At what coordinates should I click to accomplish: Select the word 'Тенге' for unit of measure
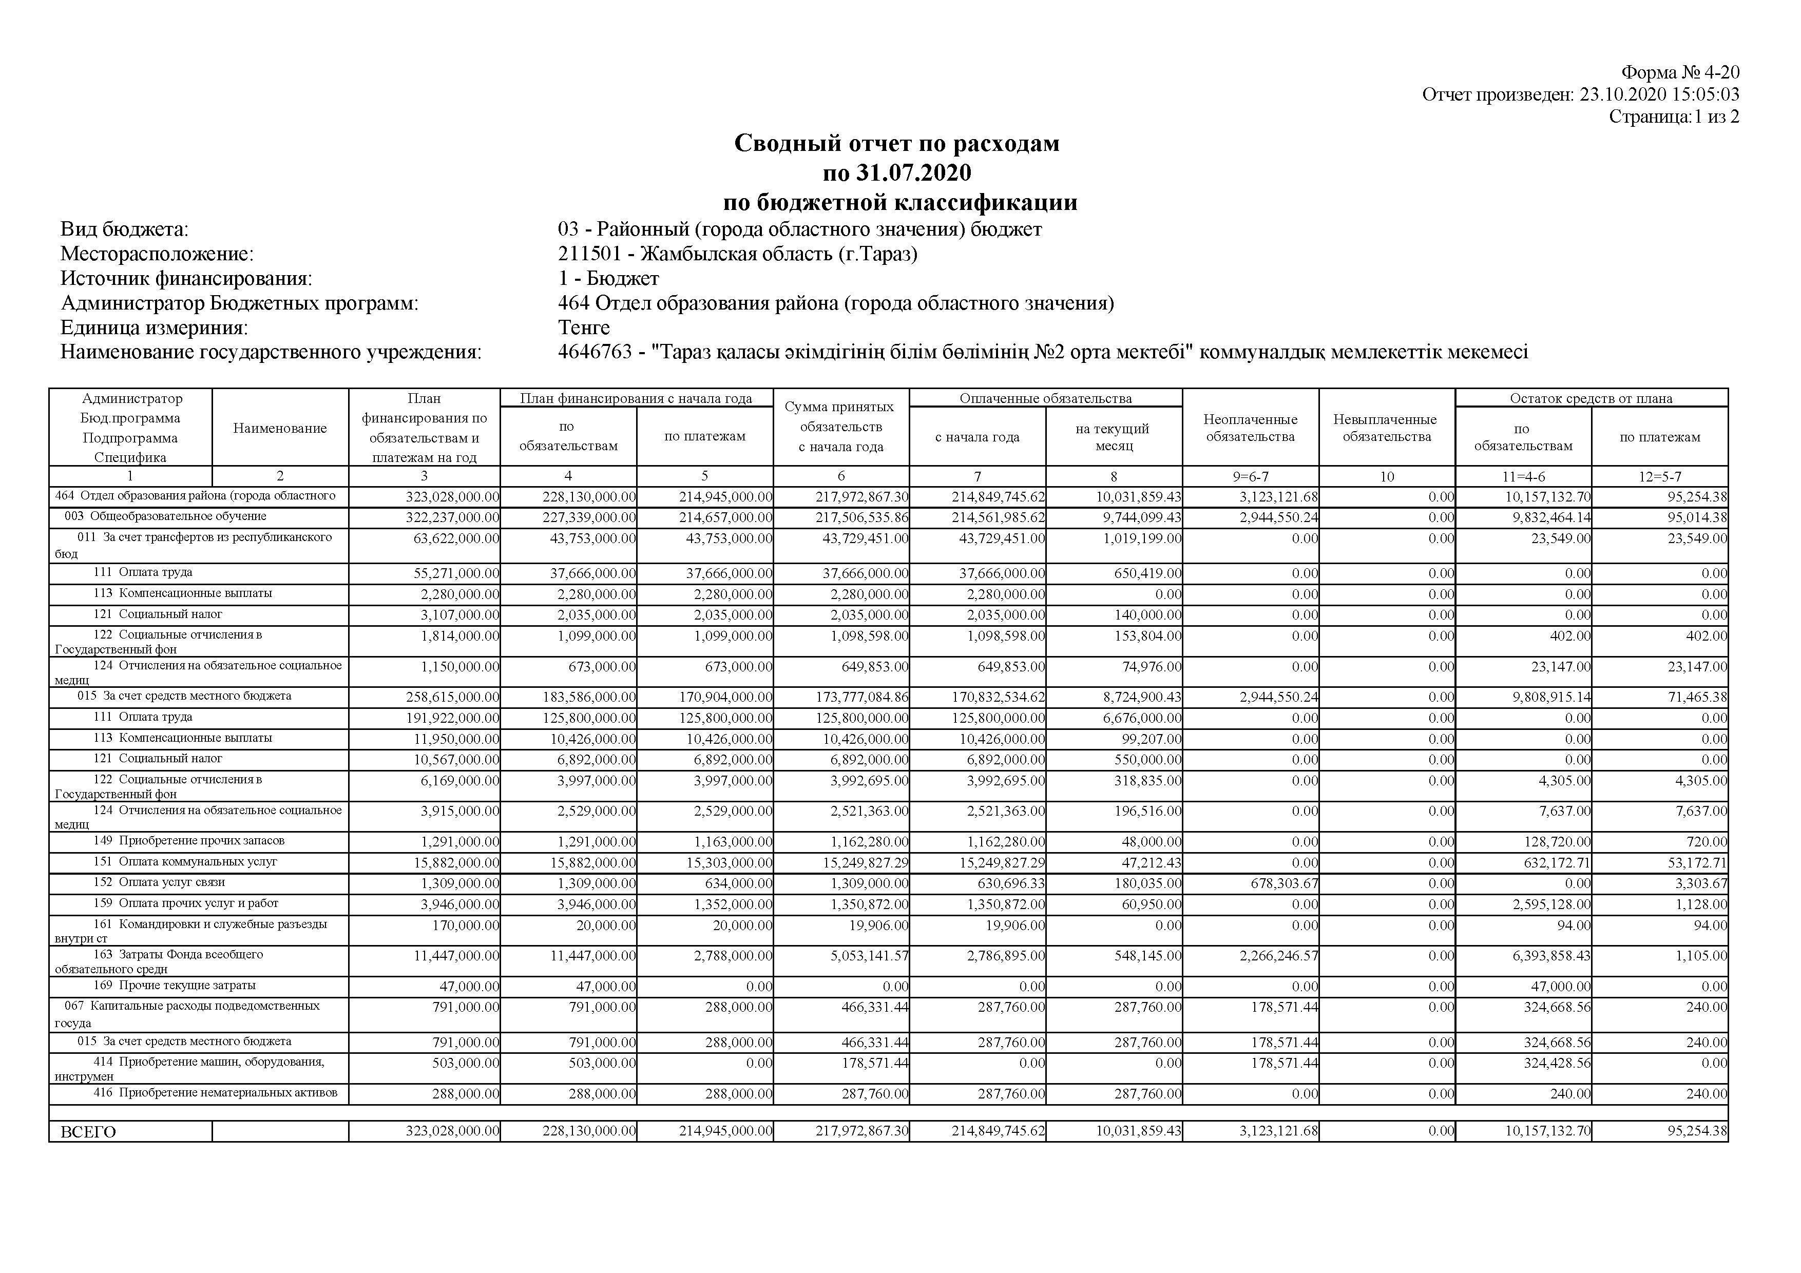click(x=584, y=327)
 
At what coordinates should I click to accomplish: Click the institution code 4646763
click(x=595, y=352)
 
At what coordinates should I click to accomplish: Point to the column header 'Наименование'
click(x=279, y=428)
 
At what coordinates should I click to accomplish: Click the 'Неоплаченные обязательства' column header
click(x=1250, y=428)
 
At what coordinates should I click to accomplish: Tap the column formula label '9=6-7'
click(x=1250, y=476)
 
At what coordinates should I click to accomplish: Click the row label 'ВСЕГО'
click(x=88, y=1132)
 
